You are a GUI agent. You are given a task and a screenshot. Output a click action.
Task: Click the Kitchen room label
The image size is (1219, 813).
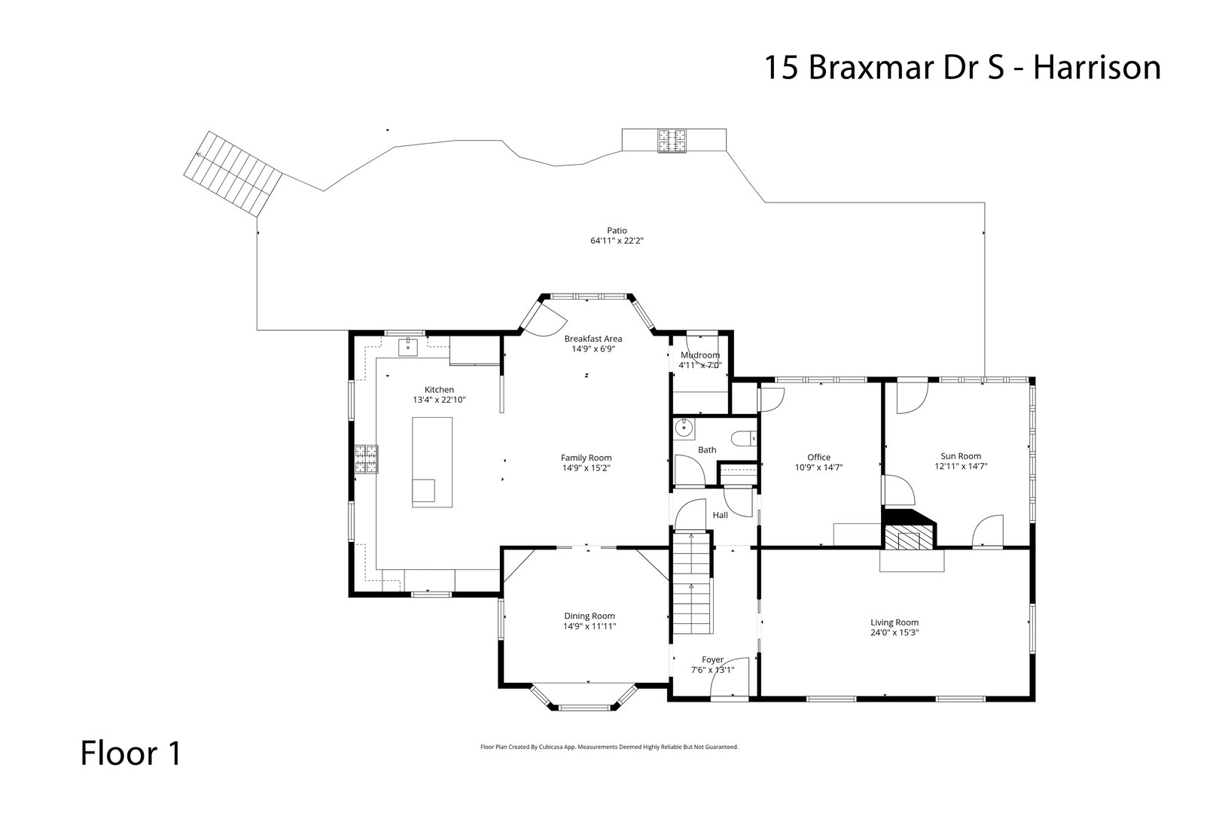(439, 389)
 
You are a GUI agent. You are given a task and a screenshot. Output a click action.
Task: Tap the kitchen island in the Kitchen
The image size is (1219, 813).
(431, 461)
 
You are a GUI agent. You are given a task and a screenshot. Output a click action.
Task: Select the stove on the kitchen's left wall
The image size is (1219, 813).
(368, 460)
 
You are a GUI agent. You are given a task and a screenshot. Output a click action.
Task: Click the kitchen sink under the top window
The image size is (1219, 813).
(407, 346)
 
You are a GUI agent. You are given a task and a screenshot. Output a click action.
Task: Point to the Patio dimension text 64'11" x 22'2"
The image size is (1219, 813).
(617, 241)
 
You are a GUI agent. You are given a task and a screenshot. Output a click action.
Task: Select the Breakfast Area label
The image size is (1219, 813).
(593, 339)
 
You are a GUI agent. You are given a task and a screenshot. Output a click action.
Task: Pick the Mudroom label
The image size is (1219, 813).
(700, 355)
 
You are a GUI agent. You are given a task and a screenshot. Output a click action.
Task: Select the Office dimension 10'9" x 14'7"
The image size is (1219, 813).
(819, 467)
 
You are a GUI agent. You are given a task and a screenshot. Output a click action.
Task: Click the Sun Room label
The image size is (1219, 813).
(961, 455)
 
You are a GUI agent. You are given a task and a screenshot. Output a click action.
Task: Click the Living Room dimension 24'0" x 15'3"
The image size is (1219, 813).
(894, 632)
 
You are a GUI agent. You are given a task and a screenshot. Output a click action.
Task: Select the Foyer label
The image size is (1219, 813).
(712, 659)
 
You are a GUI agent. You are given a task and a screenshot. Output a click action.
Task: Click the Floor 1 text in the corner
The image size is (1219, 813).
(131, 754)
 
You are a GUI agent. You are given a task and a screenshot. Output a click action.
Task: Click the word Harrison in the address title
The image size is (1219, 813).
(1096, 67)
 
